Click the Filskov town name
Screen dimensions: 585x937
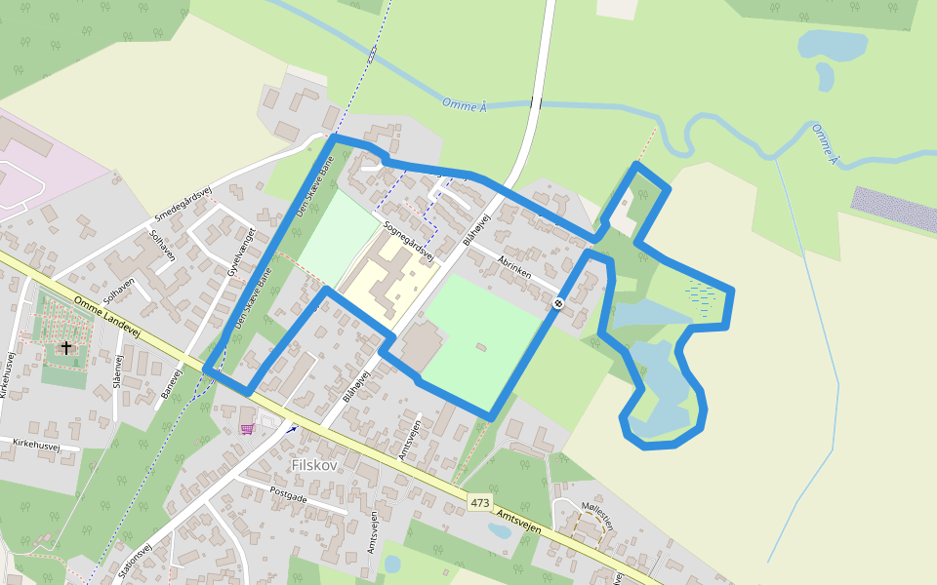[x=314, y=465]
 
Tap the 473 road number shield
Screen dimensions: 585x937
[x=479, y=503]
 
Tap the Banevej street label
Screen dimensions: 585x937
[x=172, y=384]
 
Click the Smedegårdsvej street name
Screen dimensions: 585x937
[x=183, y=202]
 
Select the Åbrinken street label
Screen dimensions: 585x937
[x=513, y=267]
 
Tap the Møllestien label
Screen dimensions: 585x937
[x=597, y=516]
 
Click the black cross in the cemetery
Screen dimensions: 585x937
[x=66, y=347]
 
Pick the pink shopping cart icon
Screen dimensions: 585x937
[x=247, y=428]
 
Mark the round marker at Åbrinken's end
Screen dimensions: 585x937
[x=557, y=303]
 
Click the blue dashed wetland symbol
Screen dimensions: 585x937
[x=700, y=293]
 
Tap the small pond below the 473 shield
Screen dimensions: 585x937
[x=499, y=530]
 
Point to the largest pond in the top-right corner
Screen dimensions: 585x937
[x=832, y=45]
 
